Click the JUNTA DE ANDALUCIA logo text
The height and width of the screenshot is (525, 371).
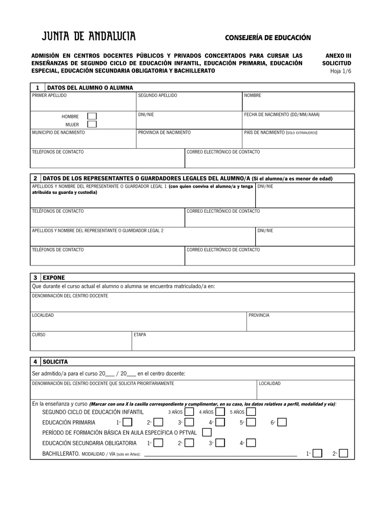coord(89,37)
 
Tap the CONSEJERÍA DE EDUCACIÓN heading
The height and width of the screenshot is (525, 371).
coord(268,38)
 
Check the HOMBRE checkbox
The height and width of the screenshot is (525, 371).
coord(92,116)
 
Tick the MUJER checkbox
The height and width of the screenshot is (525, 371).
coord(92,124)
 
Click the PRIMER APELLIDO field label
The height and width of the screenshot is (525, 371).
coord(49,95)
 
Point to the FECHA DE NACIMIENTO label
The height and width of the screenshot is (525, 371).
coord(285,114)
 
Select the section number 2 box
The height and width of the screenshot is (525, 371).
coord(35,178)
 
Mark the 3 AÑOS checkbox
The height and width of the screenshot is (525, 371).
coord(189,412)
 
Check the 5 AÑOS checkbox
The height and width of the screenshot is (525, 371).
coord(251,412)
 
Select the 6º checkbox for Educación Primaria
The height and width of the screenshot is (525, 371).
coord(282,422)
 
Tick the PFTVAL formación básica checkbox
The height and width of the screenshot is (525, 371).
coord(207,432)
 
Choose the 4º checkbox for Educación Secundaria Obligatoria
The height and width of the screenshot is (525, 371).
coord(251,443)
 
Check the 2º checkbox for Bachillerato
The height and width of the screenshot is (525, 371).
coord(343,453)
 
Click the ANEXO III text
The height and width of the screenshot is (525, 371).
coord(339,55)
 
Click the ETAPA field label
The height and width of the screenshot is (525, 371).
coord(140,335)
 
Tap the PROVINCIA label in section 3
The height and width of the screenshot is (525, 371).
coord(259,315)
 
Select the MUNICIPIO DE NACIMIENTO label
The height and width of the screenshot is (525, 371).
coord(58,132)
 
